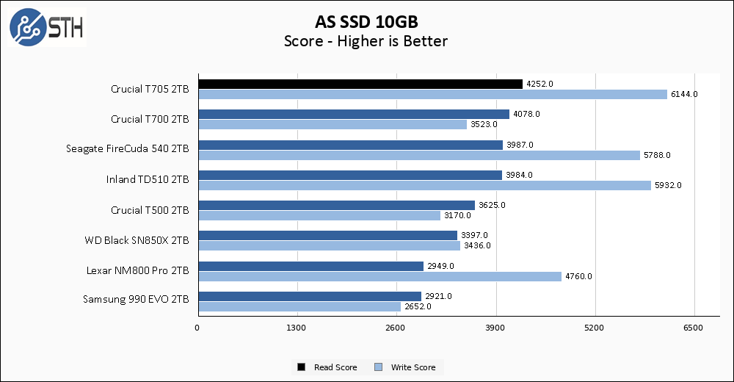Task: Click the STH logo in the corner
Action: (46, 27)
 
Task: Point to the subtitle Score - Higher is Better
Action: (366, 41)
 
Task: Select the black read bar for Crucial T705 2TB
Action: (360, 84)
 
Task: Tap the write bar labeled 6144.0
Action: (432, 94)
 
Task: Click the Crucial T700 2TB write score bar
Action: (332, 124)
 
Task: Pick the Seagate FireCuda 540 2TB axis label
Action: (127, 149)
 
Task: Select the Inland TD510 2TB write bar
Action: (424, 185)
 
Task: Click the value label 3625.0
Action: (492, 205)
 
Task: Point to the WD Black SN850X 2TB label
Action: (137, 240)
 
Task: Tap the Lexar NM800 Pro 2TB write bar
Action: (379, 276)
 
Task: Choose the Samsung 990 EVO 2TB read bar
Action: (309, 296)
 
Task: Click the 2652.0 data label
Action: (418, 306)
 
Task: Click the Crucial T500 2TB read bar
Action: (336, 205)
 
